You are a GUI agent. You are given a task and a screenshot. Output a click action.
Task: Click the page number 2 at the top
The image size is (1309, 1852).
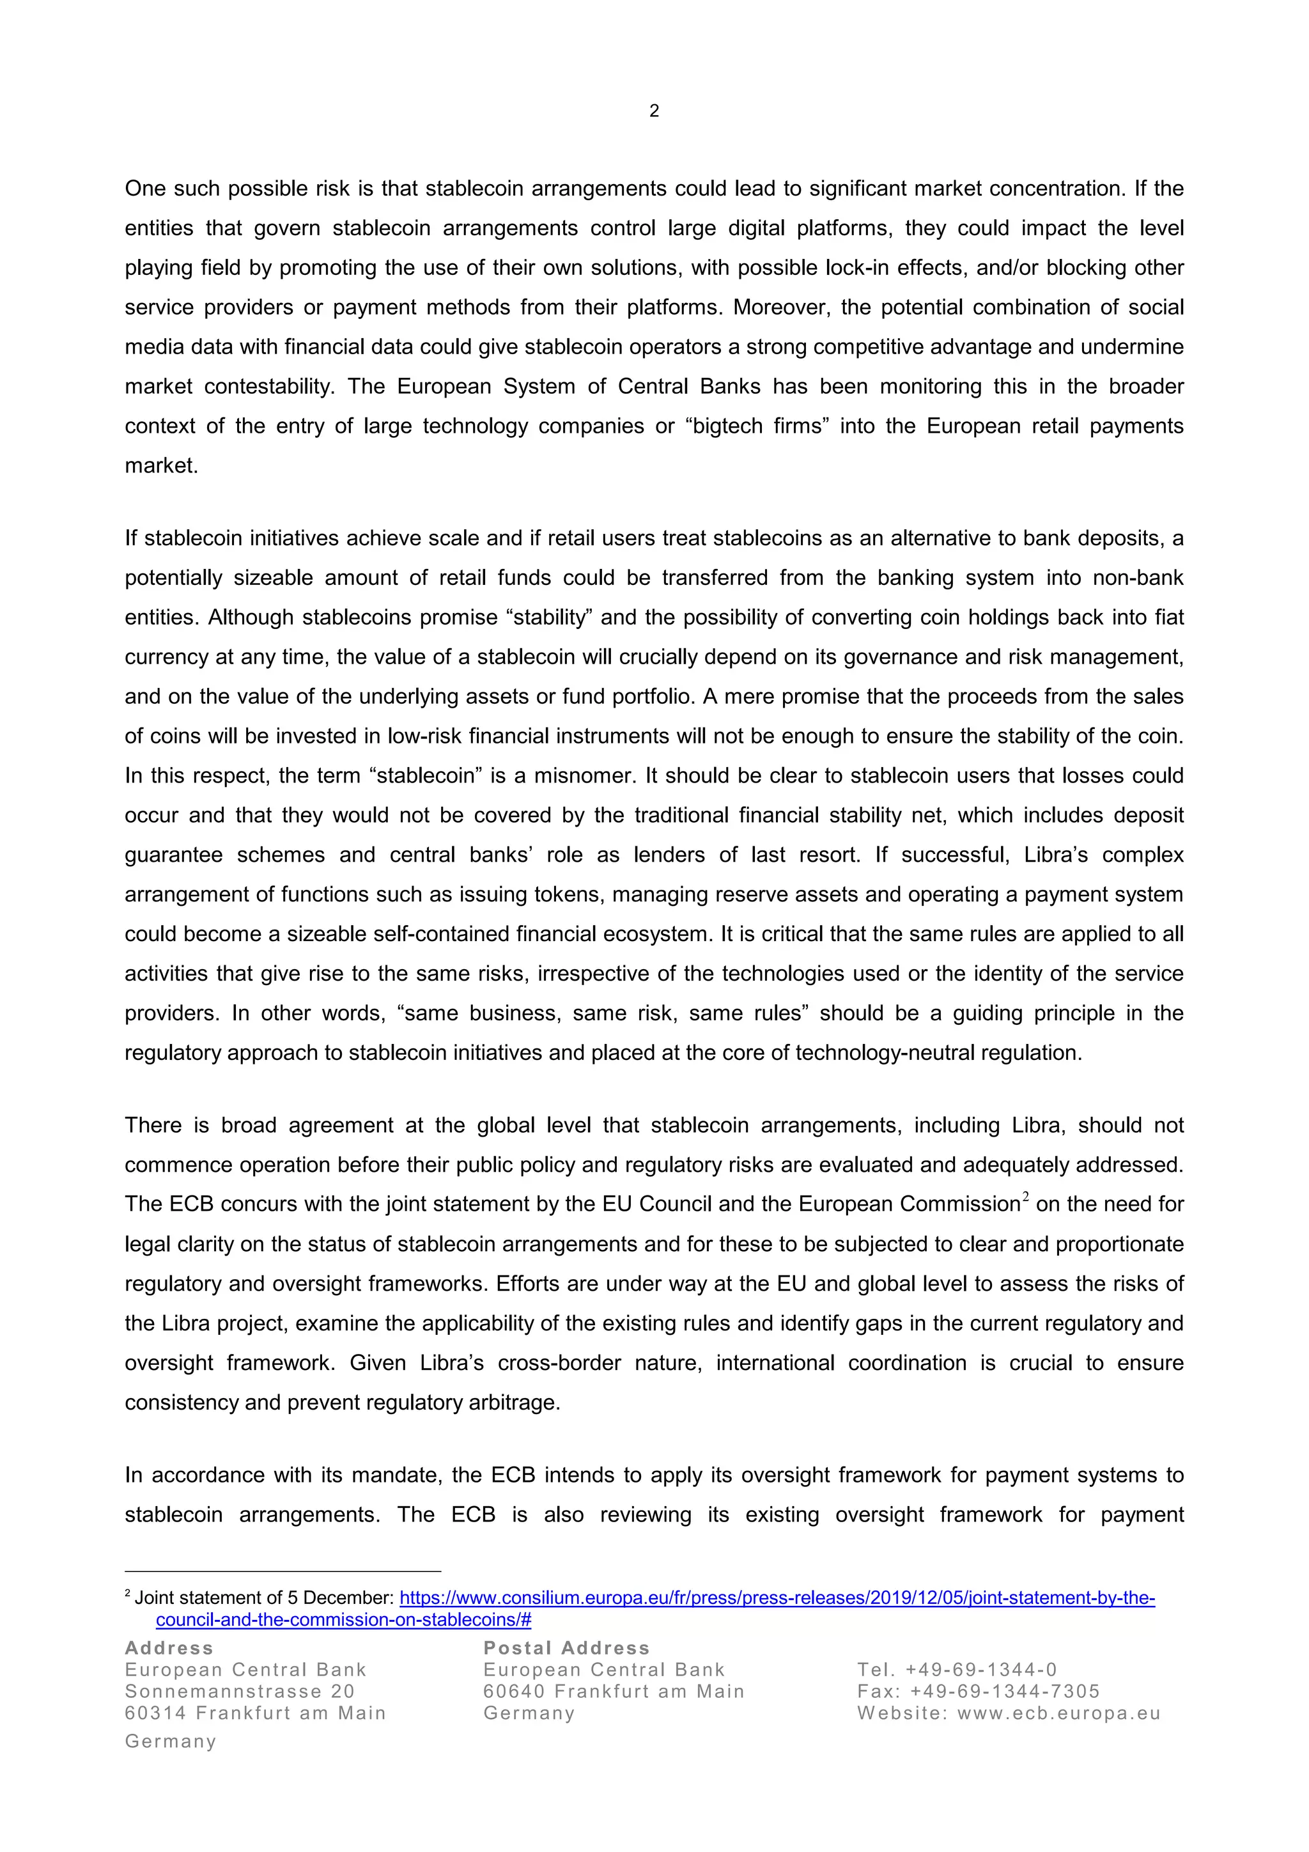coord(653,111)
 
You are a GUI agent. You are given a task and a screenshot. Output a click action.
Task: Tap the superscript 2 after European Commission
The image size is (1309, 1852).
coord(1025,1198)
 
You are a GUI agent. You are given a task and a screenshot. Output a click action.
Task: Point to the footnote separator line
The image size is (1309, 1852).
coord(283,1571)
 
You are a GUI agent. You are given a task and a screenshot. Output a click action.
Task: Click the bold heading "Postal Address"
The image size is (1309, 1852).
coord(566,1647)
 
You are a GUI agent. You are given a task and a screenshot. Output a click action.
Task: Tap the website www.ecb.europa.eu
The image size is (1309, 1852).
coord(1058,1713)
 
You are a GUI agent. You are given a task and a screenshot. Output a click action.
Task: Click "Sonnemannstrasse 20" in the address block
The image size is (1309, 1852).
coord(240,1691)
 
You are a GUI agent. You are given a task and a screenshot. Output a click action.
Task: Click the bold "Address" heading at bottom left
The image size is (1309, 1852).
coord(169,1647)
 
